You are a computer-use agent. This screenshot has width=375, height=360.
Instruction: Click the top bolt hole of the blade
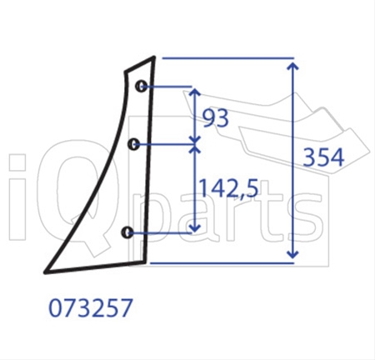tap(141, 86)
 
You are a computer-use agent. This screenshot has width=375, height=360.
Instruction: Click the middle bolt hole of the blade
tap(134, 144)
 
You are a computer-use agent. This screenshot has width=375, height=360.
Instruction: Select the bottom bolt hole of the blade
tap(127, 232)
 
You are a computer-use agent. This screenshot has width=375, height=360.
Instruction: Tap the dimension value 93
tap(216, 118)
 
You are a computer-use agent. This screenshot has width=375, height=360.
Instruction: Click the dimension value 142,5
tap(229, 188)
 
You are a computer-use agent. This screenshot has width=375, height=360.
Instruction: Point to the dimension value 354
tap(323, 157)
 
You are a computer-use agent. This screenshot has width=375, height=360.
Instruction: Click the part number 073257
tap(91, 307)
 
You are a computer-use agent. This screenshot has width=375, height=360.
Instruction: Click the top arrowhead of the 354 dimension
tap(292, 66)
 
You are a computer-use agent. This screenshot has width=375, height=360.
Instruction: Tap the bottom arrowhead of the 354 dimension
tap(292, 254)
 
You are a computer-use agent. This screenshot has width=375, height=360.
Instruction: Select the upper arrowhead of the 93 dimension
tap(195, 92)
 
